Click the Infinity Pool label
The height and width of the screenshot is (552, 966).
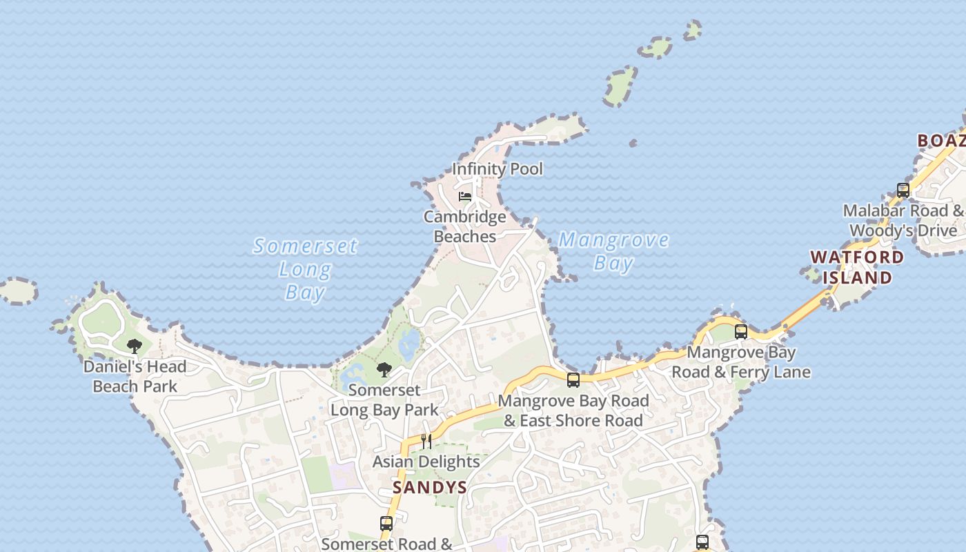(497, 169)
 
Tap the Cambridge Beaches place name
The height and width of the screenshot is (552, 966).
(464, 227)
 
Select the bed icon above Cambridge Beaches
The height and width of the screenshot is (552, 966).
(465, 197)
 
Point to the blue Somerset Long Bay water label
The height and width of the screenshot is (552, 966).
(305, 269)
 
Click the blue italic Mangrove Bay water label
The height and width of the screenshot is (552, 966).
(613, 251)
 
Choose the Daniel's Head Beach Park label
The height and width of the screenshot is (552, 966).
(135, 376)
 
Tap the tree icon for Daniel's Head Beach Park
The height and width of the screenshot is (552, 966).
(135, 346)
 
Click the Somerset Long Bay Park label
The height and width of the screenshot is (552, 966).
(384, 400)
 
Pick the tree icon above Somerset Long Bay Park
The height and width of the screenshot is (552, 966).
(384, 369)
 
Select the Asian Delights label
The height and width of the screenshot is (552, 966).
(426, 462)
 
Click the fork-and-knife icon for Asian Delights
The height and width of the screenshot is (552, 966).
(426, 442)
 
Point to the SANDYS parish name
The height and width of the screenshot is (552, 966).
(430, 488)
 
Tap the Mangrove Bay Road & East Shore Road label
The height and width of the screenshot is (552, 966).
(573, 411)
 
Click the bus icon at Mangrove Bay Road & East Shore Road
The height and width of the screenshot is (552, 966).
(573, 379)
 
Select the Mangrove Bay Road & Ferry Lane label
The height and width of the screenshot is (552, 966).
(741, 362)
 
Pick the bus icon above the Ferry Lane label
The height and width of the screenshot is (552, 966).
(741, 332)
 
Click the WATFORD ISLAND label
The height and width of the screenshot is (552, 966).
(856, 268)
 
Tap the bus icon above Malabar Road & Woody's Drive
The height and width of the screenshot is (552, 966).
(903, 190)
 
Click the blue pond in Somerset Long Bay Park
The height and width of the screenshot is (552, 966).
(408, 344)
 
